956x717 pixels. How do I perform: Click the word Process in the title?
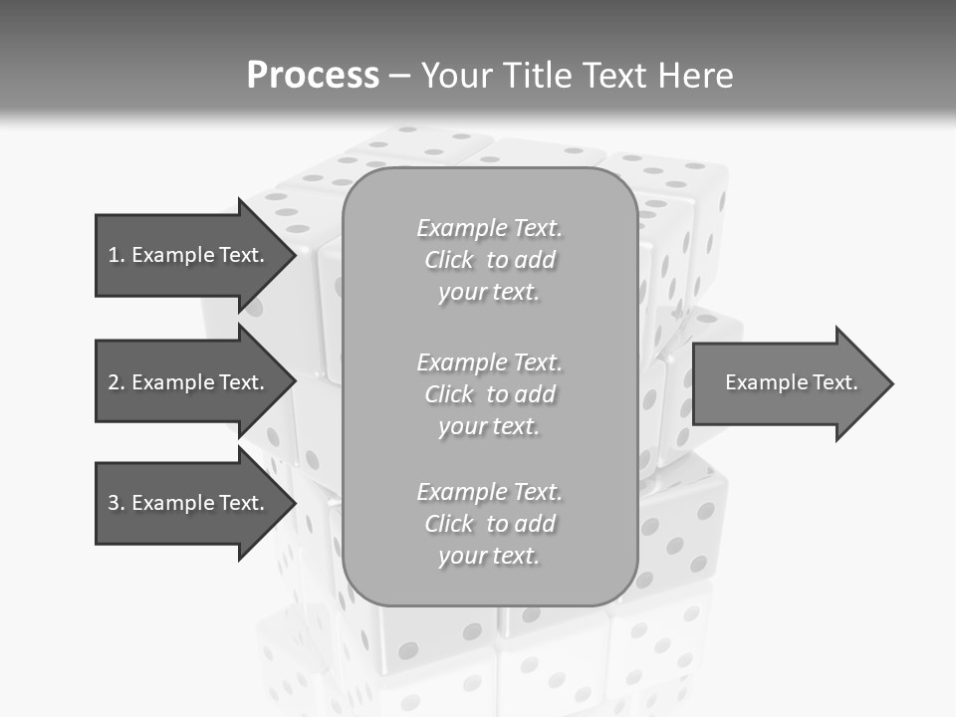[313, 76]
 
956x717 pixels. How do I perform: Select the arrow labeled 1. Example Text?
[189, 255]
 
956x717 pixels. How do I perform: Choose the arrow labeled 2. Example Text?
[189, 382]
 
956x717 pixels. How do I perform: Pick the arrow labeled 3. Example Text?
[189, 503]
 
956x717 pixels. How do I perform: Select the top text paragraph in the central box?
[489, 260]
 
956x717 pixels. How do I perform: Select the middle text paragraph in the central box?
[489, 394]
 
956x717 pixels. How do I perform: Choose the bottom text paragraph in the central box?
[489, 524]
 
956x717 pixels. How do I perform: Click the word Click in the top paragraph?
[449, 260]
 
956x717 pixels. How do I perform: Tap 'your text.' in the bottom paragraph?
[489, 556]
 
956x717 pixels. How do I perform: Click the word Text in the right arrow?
[833, 382]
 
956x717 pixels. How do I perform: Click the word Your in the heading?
[459, 76]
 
